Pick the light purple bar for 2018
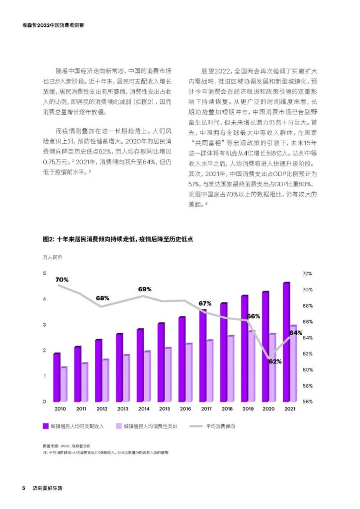(231, 368)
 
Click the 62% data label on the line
(275, 361)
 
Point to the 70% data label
(62, 280)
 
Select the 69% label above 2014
(145, 289)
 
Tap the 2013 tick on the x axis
(123, 409)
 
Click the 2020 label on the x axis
(269, 409)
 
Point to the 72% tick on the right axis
(306, 274)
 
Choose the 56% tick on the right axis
(306, 402)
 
